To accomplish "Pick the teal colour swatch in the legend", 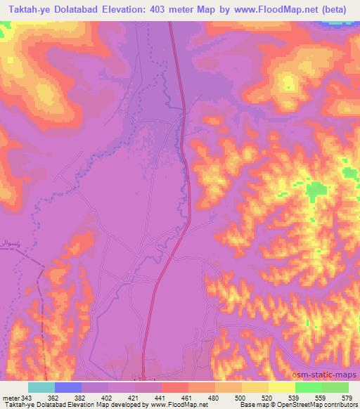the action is (41, 388).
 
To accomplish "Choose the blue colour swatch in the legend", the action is (68, 388).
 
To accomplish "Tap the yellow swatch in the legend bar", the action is (282, 388).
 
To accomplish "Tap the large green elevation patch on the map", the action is (316, 190).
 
